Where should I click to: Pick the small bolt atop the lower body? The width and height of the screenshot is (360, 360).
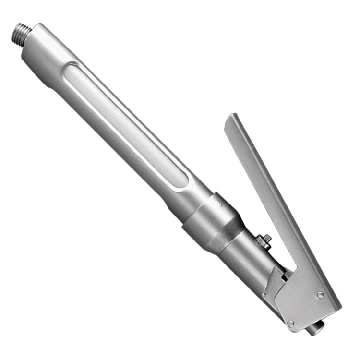[264, 240]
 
